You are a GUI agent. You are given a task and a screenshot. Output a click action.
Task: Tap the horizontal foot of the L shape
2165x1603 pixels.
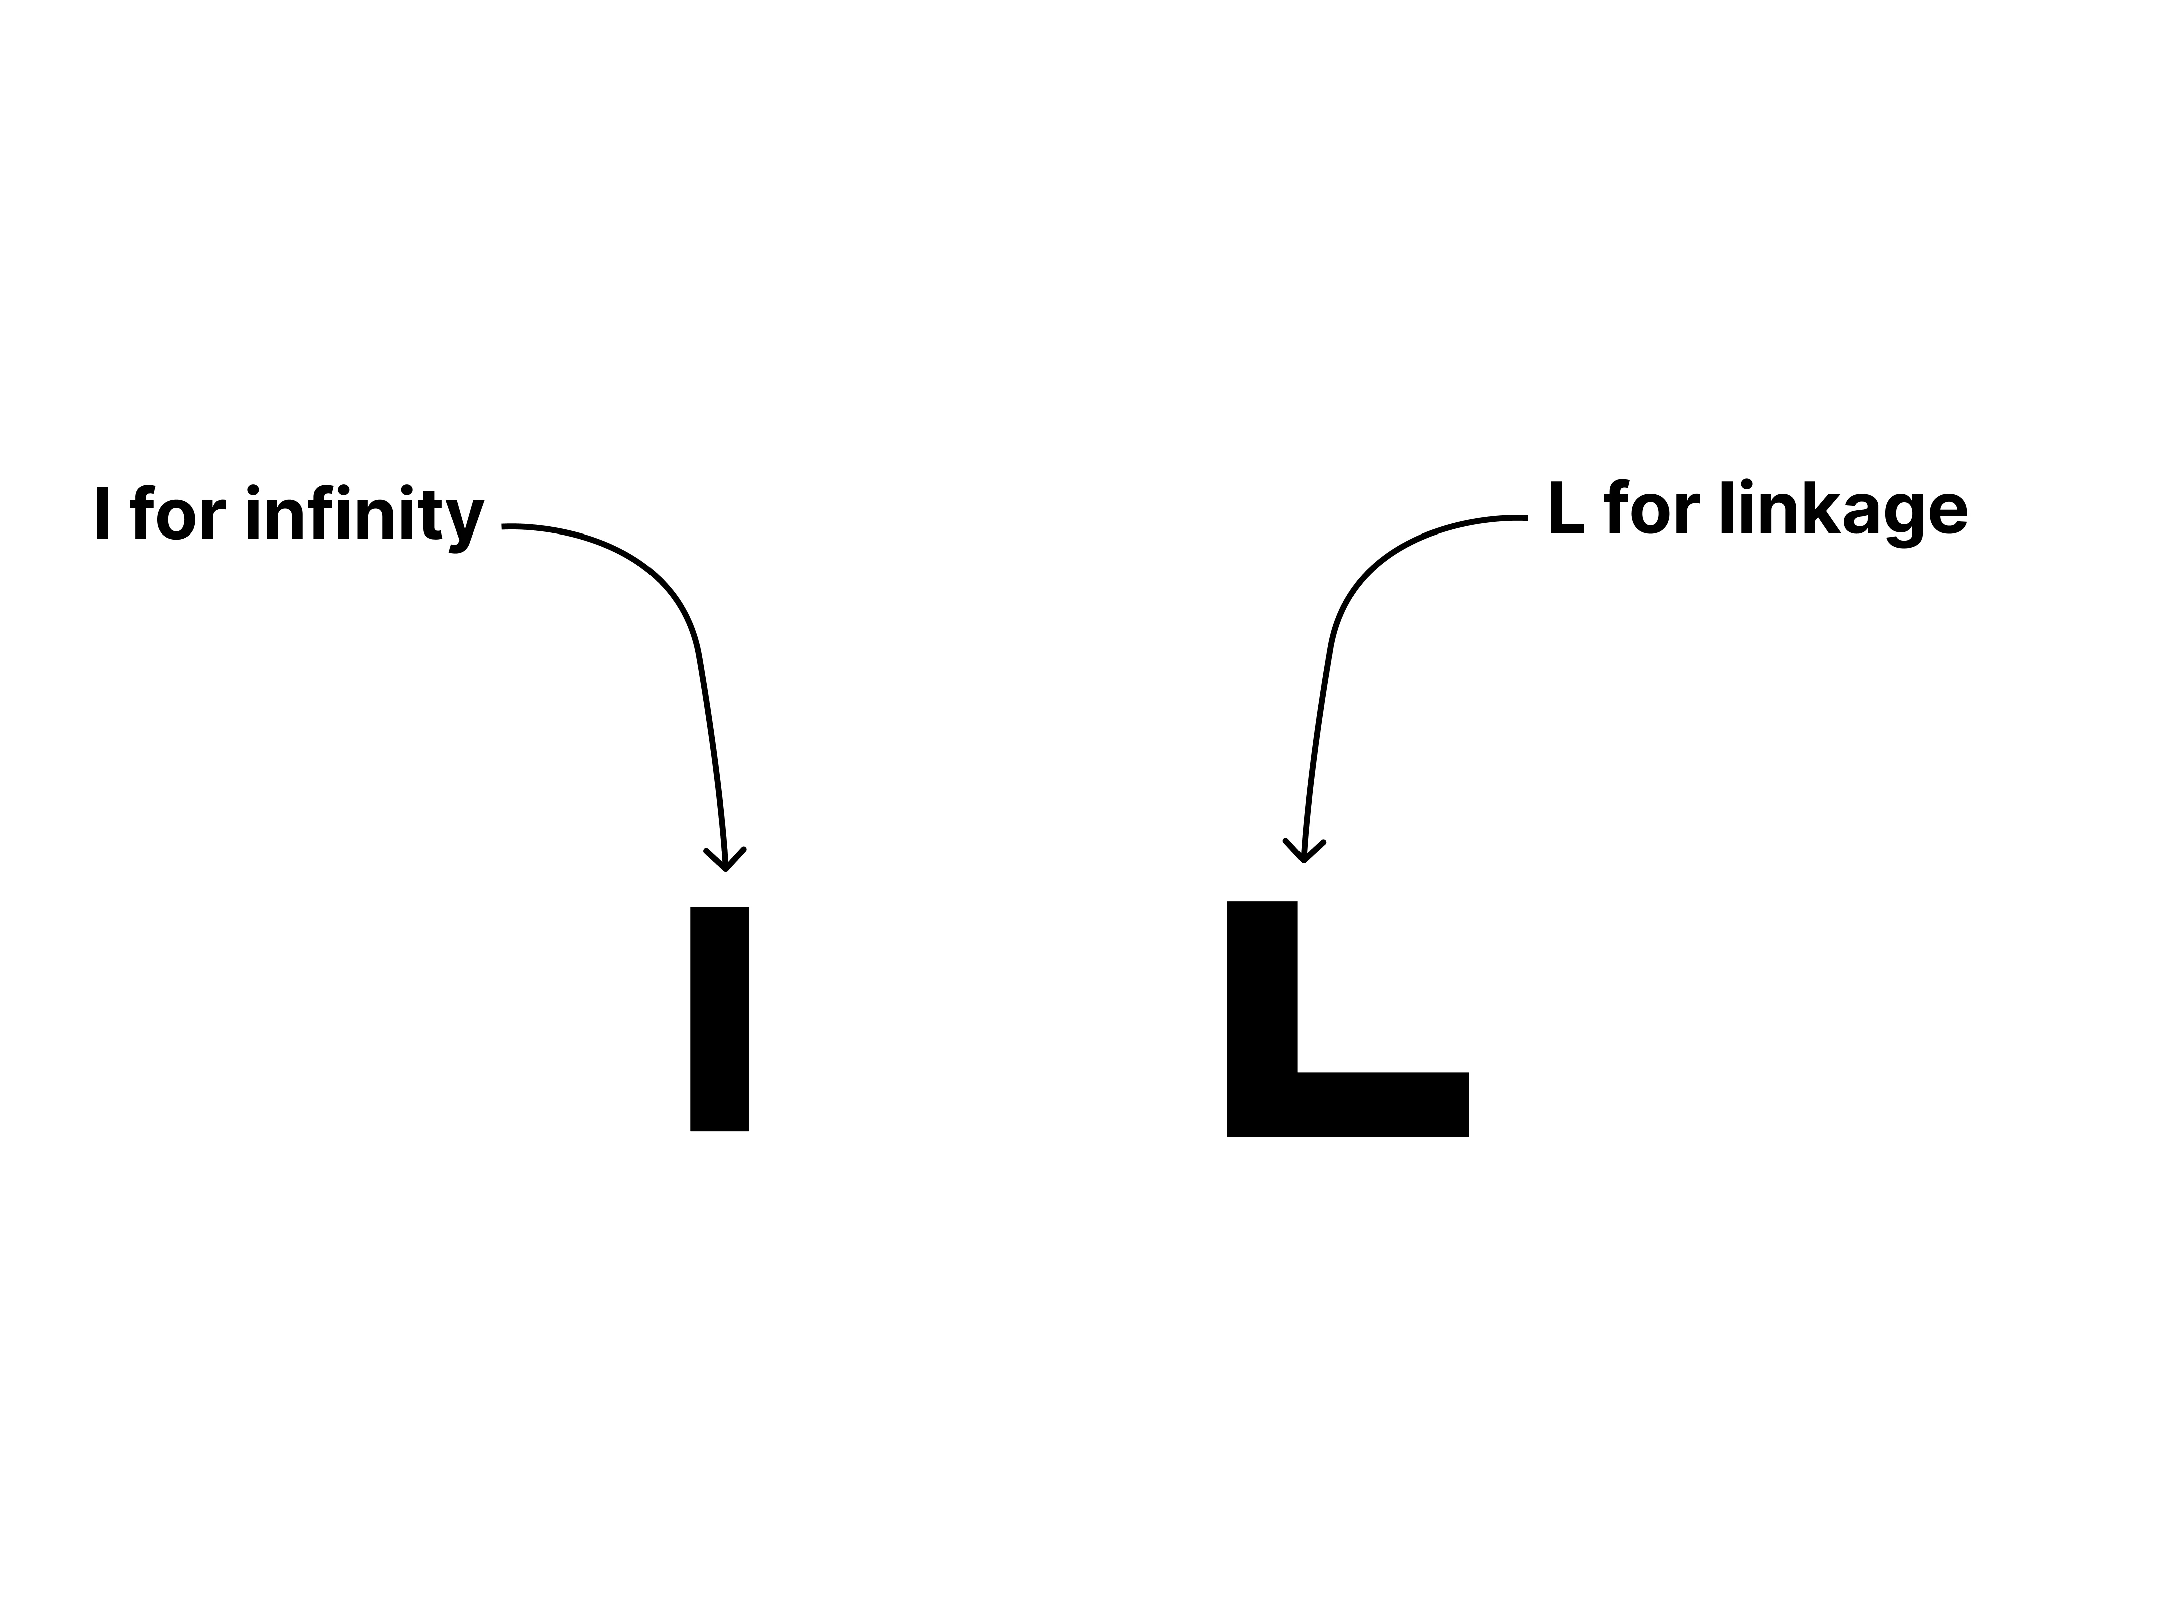click(x=1348, y=1104)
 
